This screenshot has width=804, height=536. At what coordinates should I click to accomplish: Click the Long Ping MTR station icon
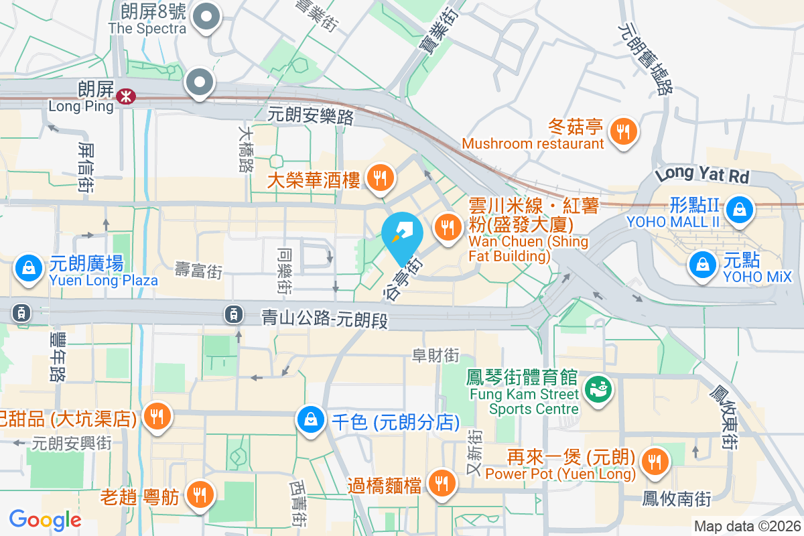click(125, 96)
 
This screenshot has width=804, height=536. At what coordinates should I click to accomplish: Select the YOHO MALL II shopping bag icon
click(739, 209)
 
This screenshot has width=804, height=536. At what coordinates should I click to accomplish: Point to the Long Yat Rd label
click(702, 176)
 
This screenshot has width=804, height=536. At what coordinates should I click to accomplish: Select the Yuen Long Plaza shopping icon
click(28, 268)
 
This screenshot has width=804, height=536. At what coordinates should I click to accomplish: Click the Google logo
click(45, 519)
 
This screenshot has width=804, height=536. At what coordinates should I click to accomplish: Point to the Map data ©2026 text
click(746, 527)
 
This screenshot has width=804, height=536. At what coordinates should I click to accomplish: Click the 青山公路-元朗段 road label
click(325, 319)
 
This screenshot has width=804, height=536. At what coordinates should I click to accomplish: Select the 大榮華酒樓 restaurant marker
click(381, 178)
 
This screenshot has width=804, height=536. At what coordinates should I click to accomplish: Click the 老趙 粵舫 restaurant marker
click(199, 494)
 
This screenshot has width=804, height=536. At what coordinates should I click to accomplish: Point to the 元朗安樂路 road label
click(310, 117)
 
